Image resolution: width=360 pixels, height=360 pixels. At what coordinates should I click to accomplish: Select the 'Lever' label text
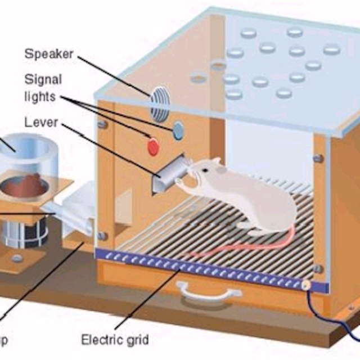(x=41, y=121)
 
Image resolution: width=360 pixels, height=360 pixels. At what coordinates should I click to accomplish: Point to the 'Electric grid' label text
(x=115, y=340)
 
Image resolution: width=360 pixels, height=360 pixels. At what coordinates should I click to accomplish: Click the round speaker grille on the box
(x=160, y=103)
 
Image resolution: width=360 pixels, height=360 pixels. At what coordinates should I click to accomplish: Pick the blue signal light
(x=178, y=130)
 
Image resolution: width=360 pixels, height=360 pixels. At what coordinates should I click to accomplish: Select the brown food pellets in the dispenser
(x=28, y=184)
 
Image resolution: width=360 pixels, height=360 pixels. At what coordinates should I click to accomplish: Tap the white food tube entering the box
(x=76, y=211)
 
